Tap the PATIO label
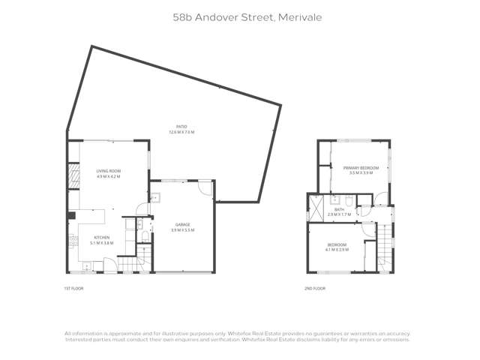181,127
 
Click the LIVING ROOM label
109,172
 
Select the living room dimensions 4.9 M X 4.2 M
109,177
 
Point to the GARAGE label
182,224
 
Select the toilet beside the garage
145,237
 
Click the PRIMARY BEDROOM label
361,167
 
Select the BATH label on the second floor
339,210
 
